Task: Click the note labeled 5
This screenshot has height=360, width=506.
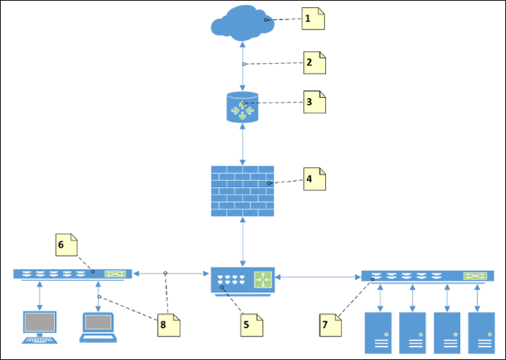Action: click(x=250, y=324)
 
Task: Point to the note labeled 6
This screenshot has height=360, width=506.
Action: click(x=66, y=244)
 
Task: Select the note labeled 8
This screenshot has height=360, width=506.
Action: click(x=168, y=324)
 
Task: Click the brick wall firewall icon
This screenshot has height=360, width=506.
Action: click(x=243, y=190)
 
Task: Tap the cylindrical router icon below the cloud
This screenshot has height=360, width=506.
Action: click(x=243, y=107)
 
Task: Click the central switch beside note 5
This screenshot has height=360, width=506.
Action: click(x=243, y=280)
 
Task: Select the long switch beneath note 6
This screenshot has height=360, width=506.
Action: click(x=73, y=273)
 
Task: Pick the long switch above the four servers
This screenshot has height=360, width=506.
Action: click(x=425, y=276)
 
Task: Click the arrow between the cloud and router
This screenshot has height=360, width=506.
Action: click(x=243, y=67)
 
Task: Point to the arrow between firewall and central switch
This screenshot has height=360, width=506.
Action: click(x=243, y=241)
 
